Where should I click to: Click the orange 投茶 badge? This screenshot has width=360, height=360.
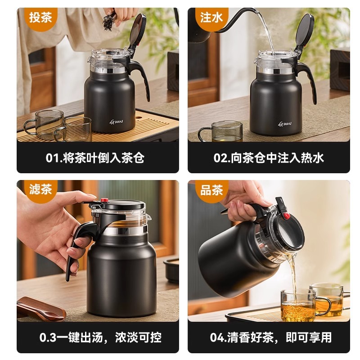(x=40, y=18)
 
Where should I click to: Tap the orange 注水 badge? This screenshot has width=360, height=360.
(x=211, y=18)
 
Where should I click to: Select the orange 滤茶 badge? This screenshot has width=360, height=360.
(x=40, y=190)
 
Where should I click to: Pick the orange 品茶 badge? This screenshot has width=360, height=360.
(x=211, y=190)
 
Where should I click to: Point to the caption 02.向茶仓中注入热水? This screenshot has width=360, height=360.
(x=269, y=158)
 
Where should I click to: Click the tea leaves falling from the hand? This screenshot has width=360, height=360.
(x=108, y=20)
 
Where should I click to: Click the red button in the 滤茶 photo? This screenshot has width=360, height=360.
(x=104, y=200)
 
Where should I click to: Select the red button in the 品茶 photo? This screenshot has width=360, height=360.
(x=286, y=216)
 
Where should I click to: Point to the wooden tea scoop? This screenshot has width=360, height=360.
(x=40, y=308)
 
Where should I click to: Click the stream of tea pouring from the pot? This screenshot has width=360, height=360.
(x=292, y=274)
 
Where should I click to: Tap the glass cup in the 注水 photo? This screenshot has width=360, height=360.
(x=220, y=131)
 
